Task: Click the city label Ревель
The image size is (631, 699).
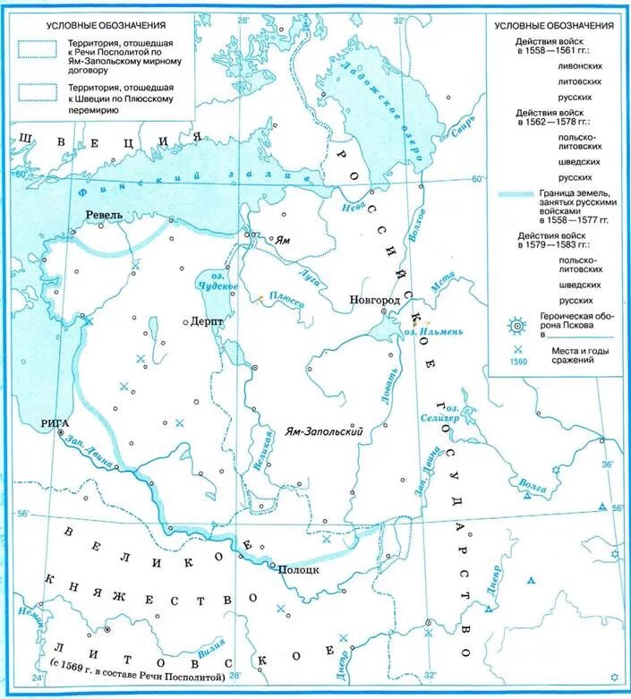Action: click(x=104, y=216)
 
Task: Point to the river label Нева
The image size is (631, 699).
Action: click(x=355, y=207)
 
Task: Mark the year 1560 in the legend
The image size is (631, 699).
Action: click(x=518, y=362)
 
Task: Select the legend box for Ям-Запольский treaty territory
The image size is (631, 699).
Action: click(x=36, y=50)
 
